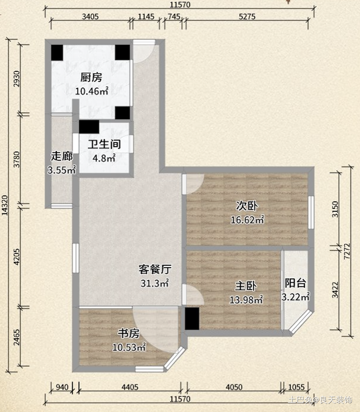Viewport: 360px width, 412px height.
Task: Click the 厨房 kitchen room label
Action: [x=91, y=77]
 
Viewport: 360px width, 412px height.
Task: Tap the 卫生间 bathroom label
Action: [x=104, y=144]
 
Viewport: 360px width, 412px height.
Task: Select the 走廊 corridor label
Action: [x=62, y=156]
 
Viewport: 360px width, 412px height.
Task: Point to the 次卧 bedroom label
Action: [x=247, y=206]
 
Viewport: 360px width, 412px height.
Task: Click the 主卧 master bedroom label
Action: [x=245, y=286]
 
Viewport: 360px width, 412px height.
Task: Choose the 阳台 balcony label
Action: [x=296, y=283]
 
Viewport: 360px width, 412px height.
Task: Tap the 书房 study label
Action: [x=129, y=333]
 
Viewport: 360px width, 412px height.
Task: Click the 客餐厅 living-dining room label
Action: [x=155, y=269]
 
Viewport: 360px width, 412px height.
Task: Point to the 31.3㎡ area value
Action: [x=154, y=283]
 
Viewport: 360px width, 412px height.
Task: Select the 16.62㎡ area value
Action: [x=247, y=220]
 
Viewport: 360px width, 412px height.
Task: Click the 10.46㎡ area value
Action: [x=92, y=91]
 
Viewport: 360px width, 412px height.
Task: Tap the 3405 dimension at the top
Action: [x=90, y=16]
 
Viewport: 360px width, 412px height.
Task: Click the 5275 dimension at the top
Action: [x=247, y=16]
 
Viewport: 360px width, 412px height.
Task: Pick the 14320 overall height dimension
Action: [x=5, y=205]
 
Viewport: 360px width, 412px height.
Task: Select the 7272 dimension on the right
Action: [x=347, y=251]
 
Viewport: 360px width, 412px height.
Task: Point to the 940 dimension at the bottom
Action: [x=62, y=387]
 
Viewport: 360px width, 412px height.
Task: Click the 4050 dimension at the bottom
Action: [x=234, y=387]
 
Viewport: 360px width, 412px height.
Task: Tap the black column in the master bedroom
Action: [x=192, y=318]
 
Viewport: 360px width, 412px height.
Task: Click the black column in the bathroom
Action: [x=89, y=127]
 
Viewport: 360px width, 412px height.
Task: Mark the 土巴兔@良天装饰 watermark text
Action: [x=320, y=400]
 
